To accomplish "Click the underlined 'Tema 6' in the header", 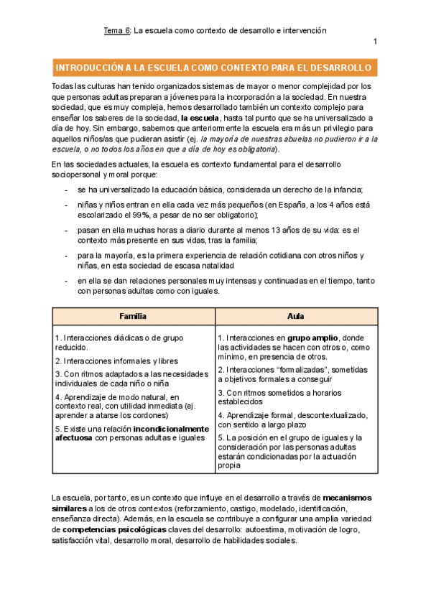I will (x=116, y=31).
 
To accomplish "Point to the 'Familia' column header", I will (x=133, y=316).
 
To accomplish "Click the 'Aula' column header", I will (x=295, y=316).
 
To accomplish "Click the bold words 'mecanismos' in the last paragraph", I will (x=347, y=498).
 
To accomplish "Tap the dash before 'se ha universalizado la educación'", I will (x=66, y=190).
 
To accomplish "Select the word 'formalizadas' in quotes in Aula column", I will (x=300, y=369).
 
